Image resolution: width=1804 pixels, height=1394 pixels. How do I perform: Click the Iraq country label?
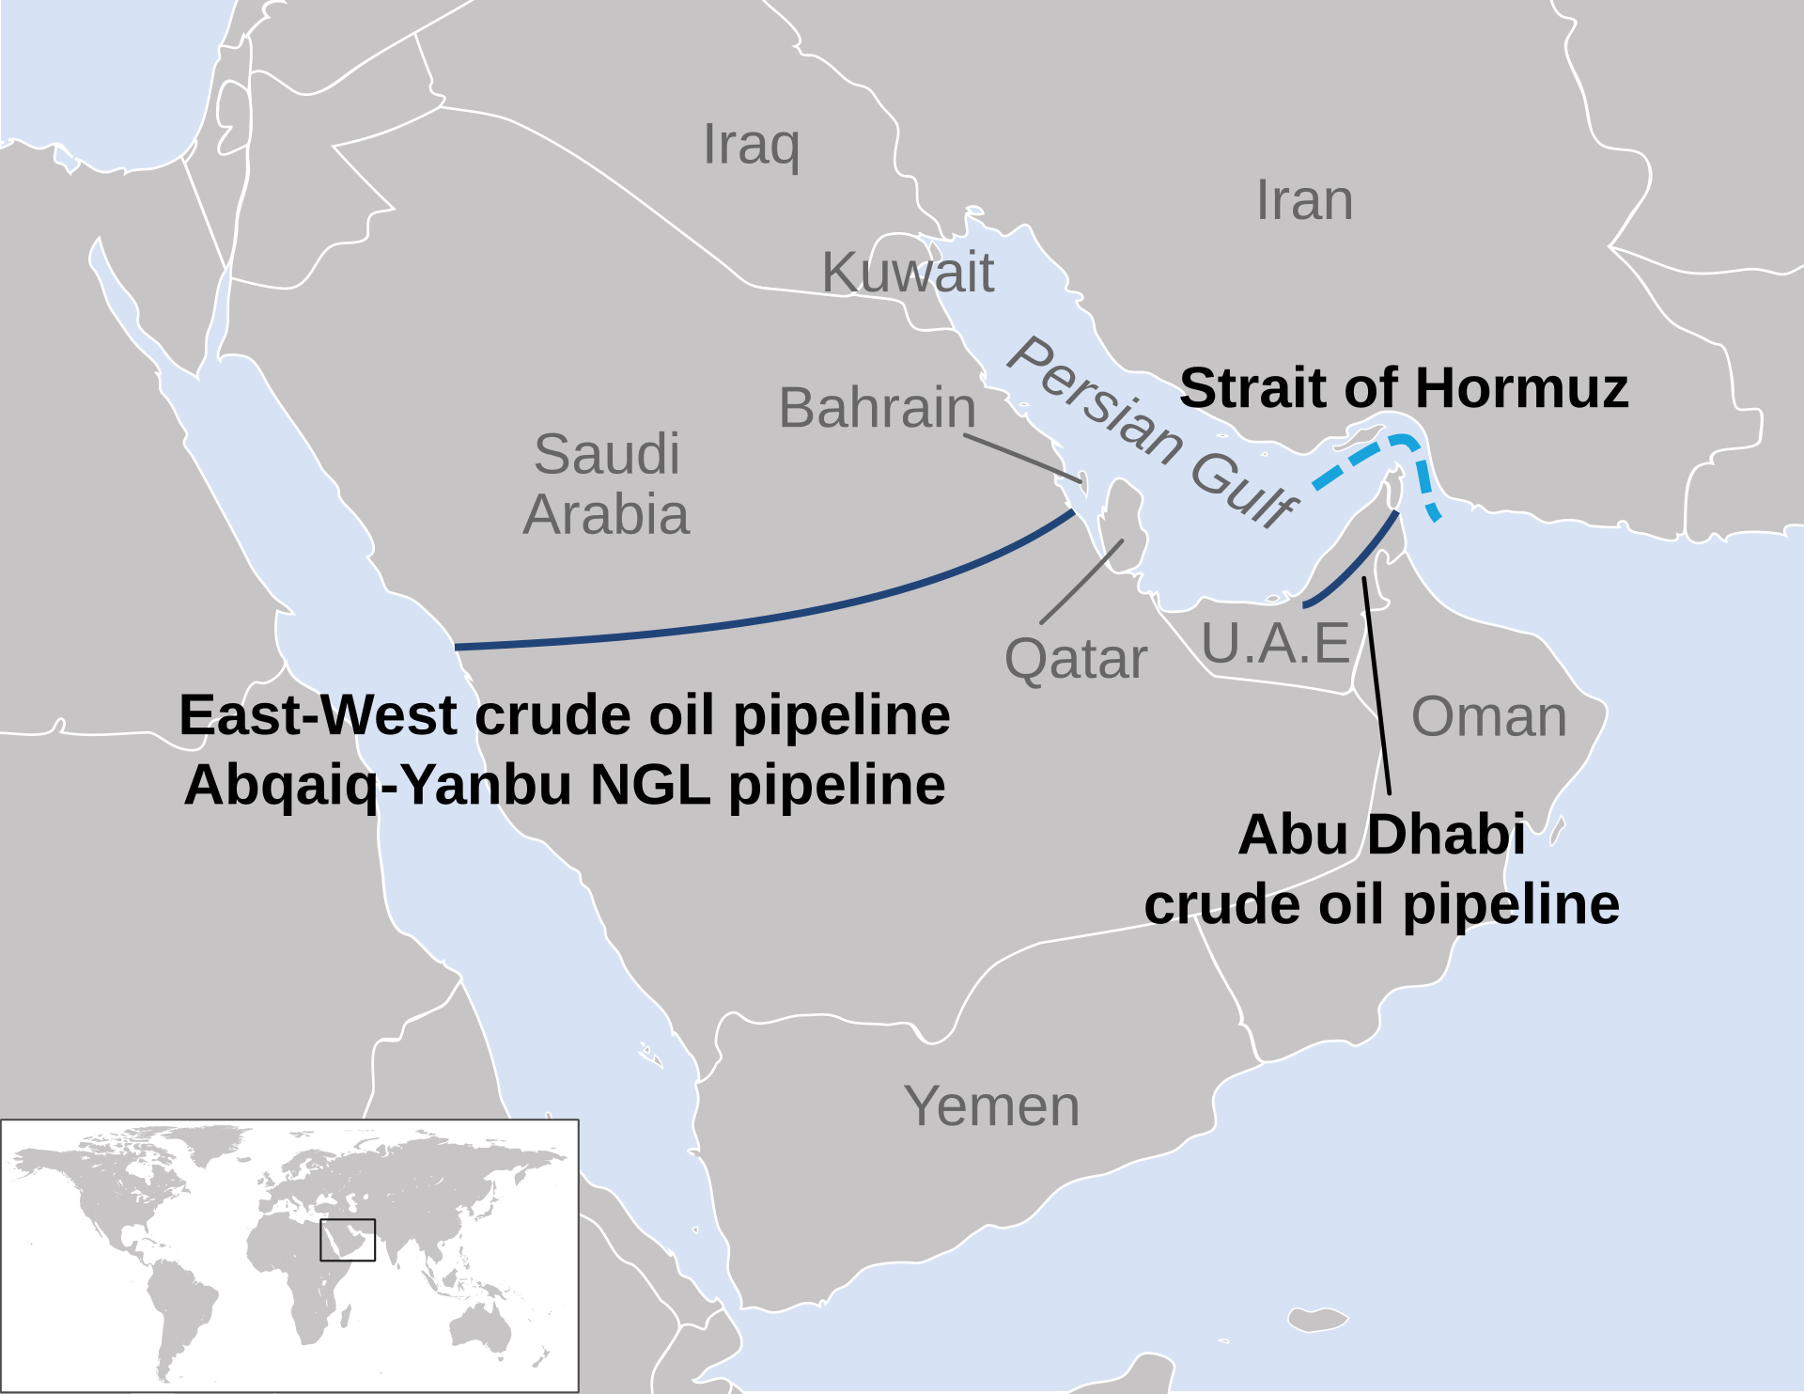pos(752,145)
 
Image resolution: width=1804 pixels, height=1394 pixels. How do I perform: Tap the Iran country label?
pos(1304,201)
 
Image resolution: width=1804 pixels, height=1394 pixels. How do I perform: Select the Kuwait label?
pos(908,273)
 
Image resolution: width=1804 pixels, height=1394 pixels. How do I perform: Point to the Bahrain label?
pos(878,408)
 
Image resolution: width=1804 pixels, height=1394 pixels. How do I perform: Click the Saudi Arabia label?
pos(607,485)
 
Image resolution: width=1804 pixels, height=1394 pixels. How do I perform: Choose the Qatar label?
pos(1076,659)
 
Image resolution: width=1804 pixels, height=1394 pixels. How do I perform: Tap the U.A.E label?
pos(1275,644)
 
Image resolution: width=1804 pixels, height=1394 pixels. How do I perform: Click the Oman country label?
pos(1489,717)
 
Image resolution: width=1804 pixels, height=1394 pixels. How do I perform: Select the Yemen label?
pos(991,1106)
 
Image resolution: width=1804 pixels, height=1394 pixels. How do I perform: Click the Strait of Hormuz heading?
pos(1404,388)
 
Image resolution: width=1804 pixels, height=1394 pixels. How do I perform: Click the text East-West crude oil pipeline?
pos(565,715)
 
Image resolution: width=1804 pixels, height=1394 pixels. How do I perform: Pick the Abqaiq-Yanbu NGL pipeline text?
pos(565,785)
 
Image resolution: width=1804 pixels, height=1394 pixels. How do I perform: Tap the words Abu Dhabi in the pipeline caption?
pos(1381,835)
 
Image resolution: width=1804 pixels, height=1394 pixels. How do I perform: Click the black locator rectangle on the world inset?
pos(348,1240)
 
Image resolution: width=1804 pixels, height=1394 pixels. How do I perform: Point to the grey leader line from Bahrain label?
pos(1024,460)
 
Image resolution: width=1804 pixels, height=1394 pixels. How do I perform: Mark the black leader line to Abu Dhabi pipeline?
pos(1376,686)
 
